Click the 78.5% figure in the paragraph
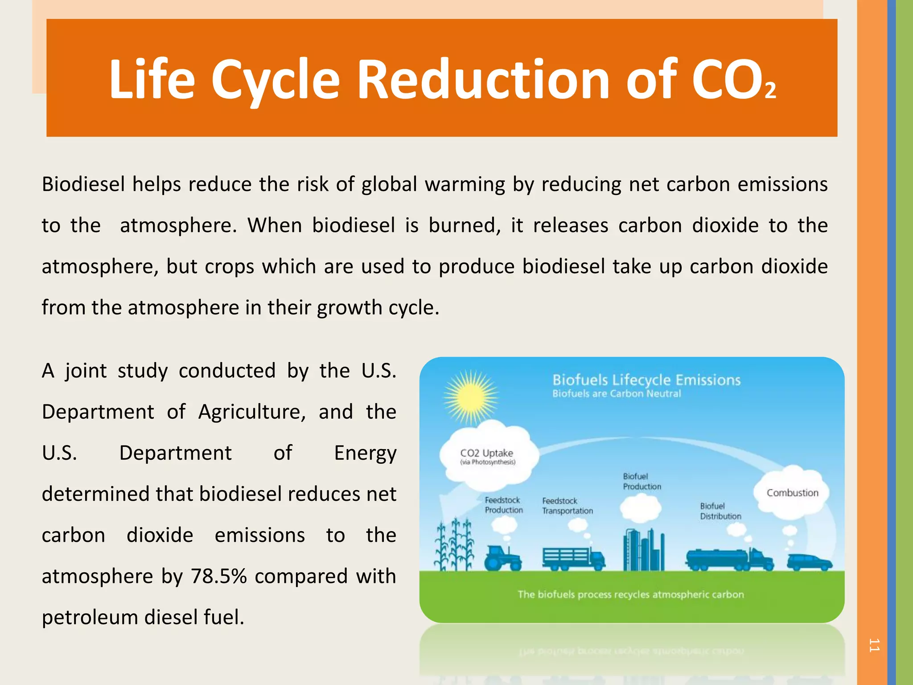pyautogui.click(x=219, y=576)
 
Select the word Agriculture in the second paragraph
pyautogui.click(x=252, y=412)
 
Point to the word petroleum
pyautogui.click(x=90, y=617)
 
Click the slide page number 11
pyautogui.click(x=874, y=645)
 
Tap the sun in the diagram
pyautogui.click(x=471, y=396)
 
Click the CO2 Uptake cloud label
pyautogui.click(x=487, y=453)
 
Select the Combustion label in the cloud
pyautogui.click(x=792, y=493)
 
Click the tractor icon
pyautogui.click(x=502, y=557)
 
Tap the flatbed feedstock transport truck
pyautogui.click(x=573, y=558)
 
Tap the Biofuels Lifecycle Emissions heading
pyautogui.click(x=646, y=380)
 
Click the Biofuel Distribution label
pyautogui.click(x=720, y=511)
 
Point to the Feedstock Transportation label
pyautogui.click(x=567, y=506)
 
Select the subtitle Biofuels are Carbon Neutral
pyautogui.click(x=617, y=394)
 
